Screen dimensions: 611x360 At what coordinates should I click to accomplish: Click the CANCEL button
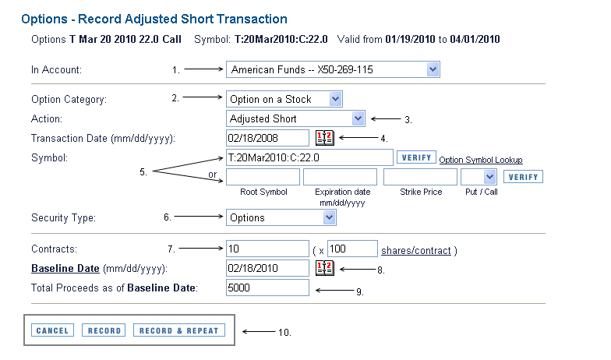coord(53,330)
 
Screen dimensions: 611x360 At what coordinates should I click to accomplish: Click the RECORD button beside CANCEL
coord(104,330)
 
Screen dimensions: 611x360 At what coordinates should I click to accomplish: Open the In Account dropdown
coord(334,69)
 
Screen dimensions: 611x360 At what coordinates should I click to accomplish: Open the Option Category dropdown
coord(284,99)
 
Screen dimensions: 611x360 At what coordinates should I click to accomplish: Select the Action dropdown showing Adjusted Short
coord(296,118)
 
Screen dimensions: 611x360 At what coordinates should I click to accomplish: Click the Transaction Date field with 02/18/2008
coord(268,138)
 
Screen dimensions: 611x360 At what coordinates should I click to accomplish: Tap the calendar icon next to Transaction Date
coord(325,137)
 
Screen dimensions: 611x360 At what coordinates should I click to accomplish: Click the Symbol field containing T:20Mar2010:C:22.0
coord(309,157)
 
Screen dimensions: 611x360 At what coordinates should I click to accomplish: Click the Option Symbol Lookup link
coord(481,160)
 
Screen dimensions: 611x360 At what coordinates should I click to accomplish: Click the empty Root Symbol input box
coord(263,177)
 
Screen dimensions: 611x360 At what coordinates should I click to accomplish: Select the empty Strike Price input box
coord(421,177)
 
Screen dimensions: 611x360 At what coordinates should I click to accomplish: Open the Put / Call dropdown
coord(479,177)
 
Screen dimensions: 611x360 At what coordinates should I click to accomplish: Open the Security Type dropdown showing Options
coord(281,217)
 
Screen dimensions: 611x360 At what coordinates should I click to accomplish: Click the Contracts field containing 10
coord(268,249)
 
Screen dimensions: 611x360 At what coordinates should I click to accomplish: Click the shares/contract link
coord(416,251)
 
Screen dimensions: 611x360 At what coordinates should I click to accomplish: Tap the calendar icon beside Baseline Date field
coord(325,268)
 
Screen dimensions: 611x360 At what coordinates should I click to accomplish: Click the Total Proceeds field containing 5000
coord(268,288)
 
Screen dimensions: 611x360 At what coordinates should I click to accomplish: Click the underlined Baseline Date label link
coord(65,268)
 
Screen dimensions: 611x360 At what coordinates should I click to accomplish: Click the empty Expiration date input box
coord(340,177)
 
